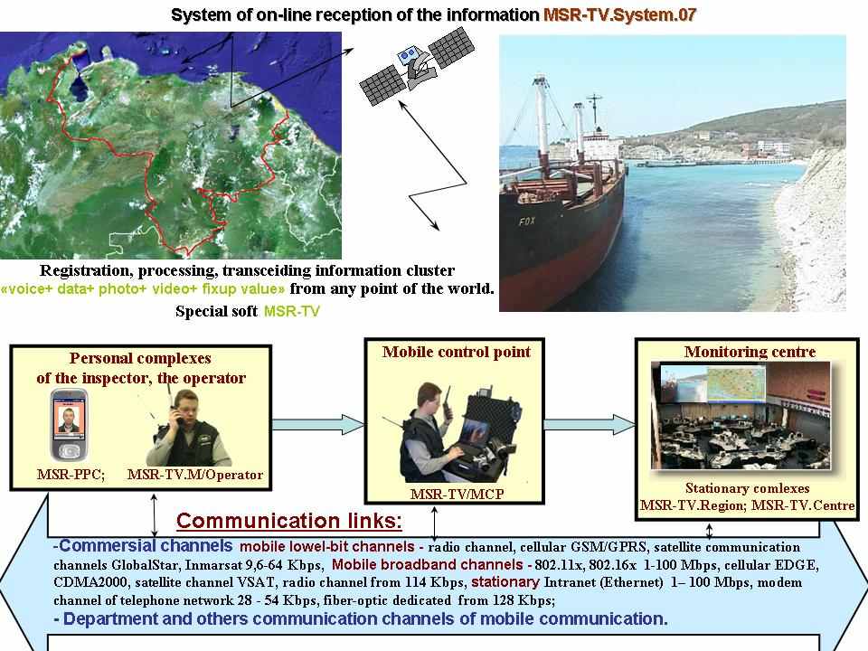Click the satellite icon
(x=417, y=66)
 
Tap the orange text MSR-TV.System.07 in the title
(x=619, y=15)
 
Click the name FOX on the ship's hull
(x=527, y=221)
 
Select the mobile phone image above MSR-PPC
(x=70, y=425)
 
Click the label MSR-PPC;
(x=71, y=475)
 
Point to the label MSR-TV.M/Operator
(x=195, y=475)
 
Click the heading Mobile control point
(x=456, y=352)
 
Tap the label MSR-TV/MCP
(x=457, y=494)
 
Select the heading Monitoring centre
(x=750, y=352)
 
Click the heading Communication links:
(x=289, y=521)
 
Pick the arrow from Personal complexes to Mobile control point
(x=317, y=425)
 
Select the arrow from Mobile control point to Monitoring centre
(x=590, y=425)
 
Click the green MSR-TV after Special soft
(x=292, y=311)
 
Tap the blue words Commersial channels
(x=146, y=546)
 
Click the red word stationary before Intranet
(x=505, y=581)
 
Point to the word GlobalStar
(x=145, y=565)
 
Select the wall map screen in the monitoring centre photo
(x=736, y=383)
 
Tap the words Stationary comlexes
(x=748, y=488)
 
